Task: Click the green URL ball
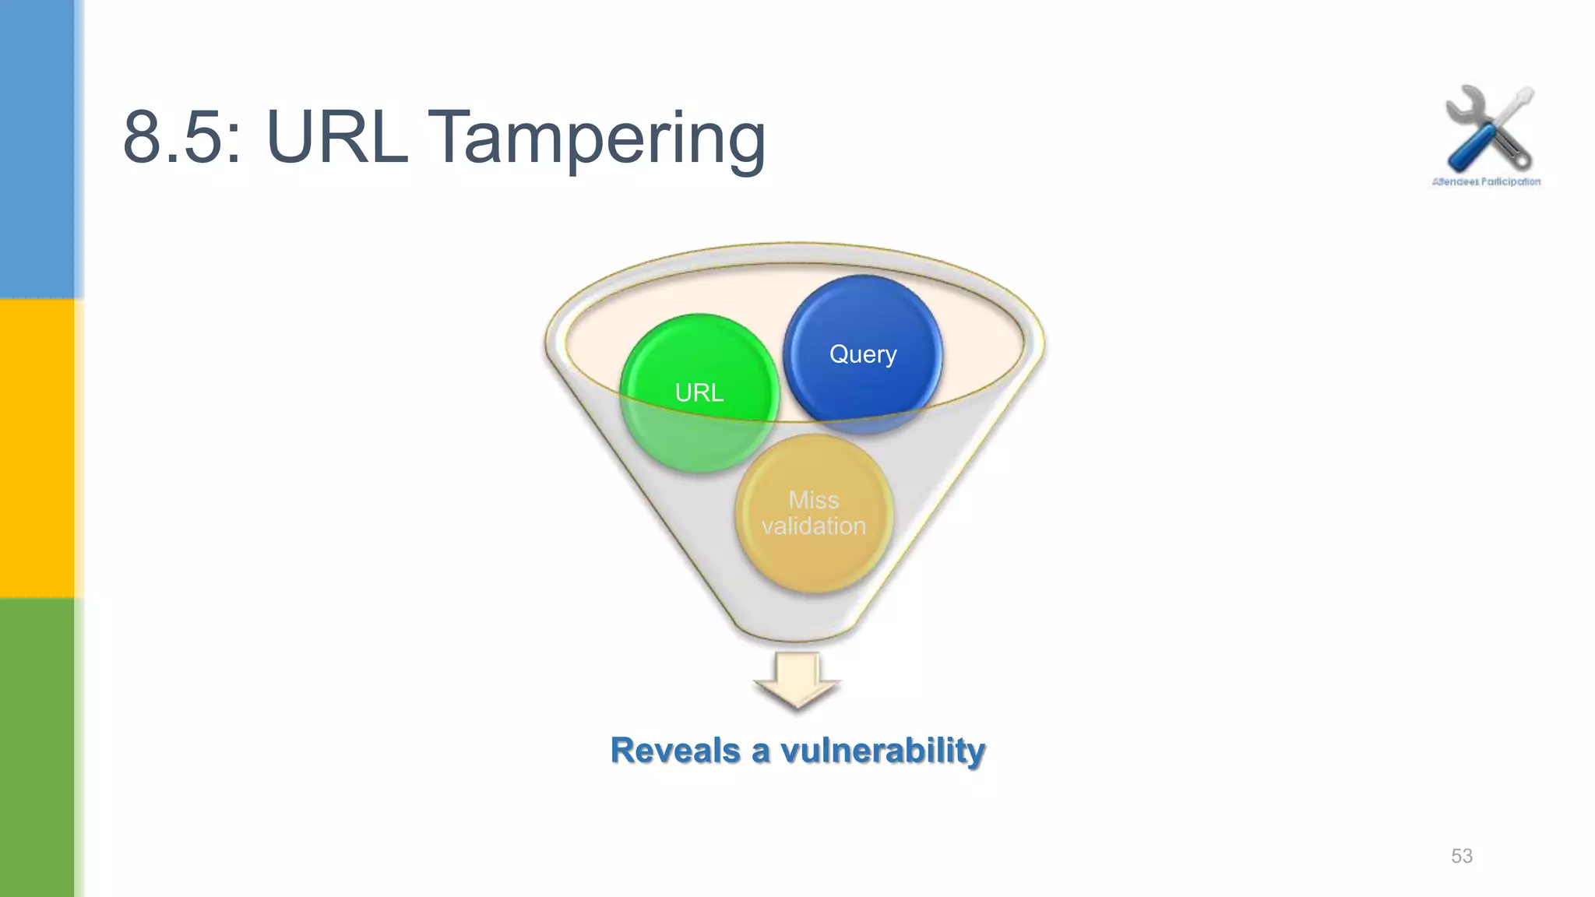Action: [699, 393]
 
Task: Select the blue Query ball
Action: [863, 354]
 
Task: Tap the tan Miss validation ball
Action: [814, 513]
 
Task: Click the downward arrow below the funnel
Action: [797, 681]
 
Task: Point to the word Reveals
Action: [675, 751]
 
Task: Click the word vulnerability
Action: [882, 751]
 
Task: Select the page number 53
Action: [1461, 856]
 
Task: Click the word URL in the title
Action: [336, 139]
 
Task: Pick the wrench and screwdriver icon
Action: [1488, 129]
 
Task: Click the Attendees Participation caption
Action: [1486, 181]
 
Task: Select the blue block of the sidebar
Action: [37, 148]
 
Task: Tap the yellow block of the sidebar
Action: [37, 448]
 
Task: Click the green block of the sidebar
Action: [37, 747]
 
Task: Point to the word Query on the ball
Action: [863, 354]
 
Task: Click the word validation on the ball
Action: [814, 526]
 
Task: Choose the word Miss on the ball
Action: [814, 499]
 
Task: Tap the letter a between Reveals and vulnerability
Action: [760, 752]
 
